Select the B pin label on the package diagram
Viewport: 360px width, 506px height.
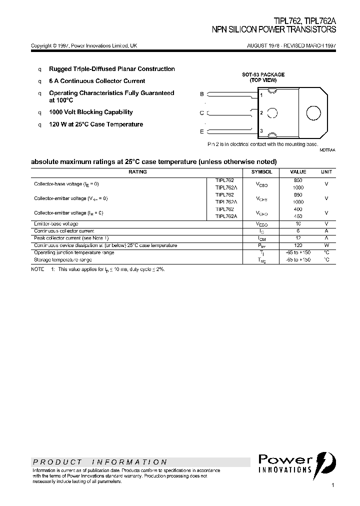(202, 94)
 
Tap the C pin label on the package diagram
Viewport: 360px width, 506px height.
(202, 113)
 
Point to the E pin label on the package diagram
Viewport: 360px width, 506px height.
(202, 131)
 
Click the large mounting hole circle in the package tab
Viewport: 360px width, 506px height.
(313, 113)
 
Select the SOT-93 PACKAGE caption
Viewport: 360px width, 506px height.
(263, 74)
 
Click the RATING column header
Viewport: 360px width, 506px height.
(137, 172)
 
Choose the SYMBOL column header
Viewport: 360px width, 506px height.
(261, 172)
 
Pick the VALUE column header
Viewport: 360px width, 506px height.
(298, 172)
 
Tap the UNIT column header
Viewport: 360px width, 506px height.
(326, 172)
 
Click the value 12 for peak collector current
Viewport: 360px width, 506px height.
(298, 238)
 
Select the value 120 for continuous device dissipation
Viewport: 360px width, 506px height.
(298, 245)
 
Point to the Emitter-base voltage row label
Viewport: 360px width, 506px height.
(56, 223)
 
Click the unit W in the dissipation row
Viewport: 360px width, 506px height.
(326, 245)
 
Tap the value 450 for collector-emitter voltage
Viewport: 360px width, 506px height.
(298, 216)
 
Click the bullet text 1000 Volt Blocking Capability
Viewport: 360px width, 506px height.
(90, 112)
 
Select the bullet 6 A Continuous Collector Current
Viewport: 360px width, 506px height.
(97, 81)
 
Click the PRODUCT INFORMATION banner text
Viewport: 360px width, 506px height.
(99, 462)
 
